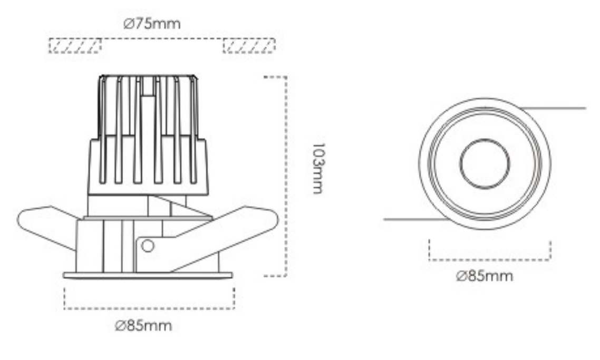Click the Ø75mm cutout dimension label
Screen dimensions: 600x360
click(151, 24)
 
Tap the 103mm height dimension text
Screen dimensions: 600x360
click(318, 168)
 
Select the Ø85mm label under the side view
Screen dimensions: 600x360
click(143, 326)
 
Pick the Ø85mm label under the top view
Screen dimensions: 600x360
click(484, 276)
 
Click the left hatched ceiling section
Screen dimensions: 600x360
click(75, 45)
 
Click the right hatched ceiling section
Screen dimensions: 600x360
click(249, 45)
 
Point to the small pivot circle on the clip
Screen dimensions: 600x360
click(148, 246)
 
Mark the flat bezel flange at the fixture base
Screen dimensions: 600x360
click(148, 275)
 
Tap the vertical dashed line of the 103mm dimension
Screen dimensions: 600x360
click(286, 176)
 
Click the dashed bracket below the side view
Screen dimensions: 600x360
click(149, 308)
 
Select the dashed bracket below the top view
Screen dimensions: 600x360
click(490, 260)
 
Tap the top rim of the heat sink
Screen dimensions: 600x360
click(148, 76)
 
